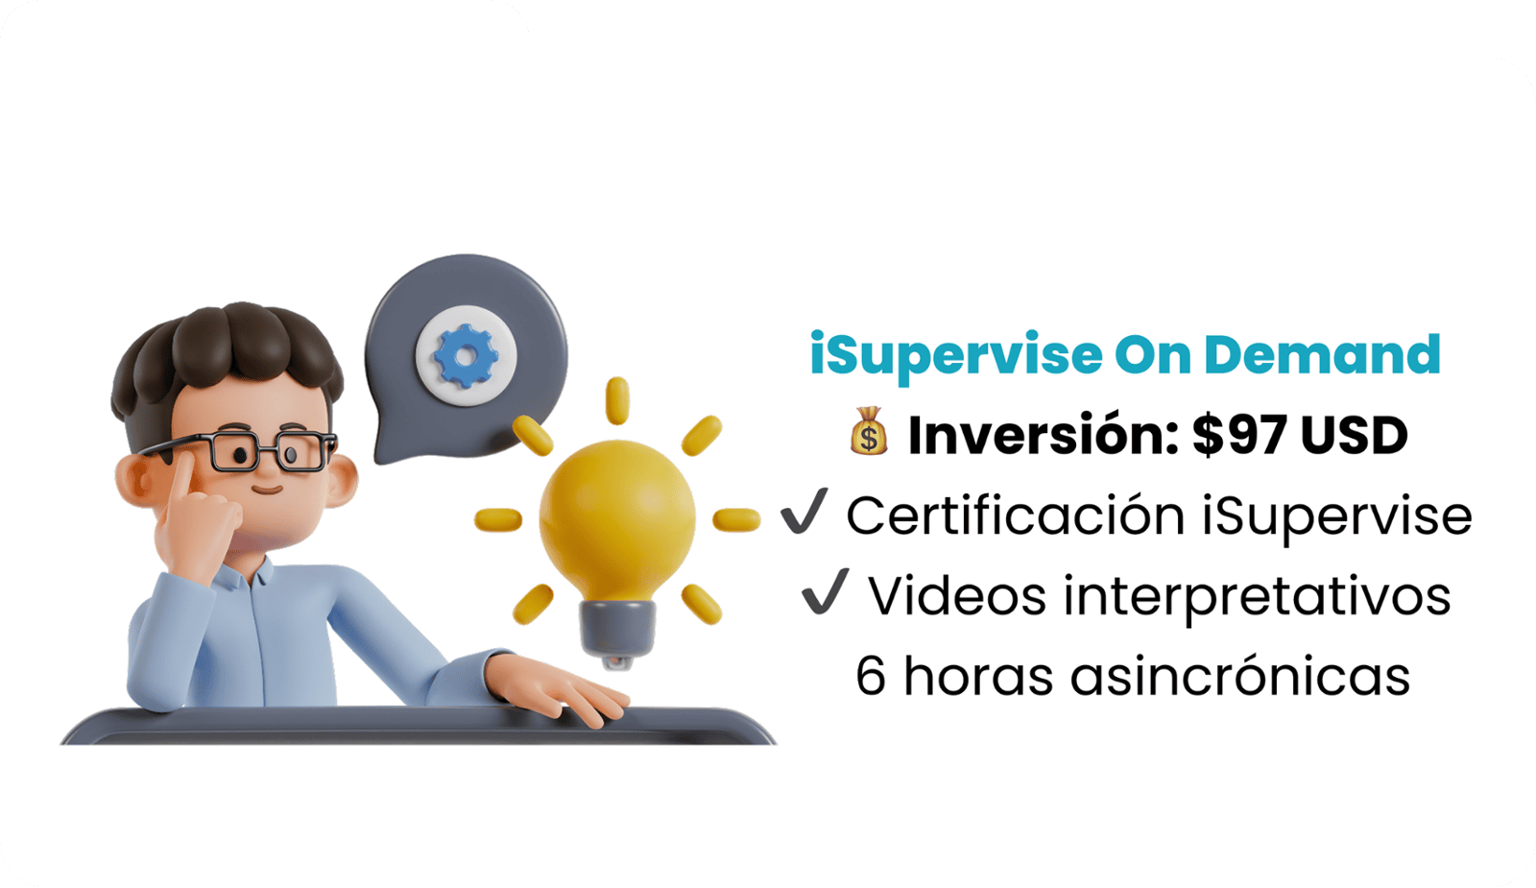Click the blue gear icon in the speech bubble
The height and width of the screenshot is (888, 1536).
pos(466,356)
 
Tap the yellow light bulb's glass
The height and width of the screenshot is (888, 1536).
pos(617,521)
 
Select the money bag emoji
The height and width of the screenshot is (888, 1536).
pos(869,431)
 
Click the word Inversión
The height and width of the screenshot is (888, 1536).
pos(1043,434)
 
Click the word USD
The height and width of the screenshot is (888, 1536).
pos(1355,436)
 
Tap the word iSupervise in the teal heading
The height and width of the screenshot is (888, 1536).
pos(956,356)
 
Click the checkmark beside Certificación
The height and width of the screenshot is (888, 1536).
pos(804,512)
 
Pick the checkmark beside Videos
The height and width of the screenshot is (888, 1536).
pos(825,591)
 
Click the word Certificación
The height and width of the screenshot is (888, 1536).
pos(1016,515)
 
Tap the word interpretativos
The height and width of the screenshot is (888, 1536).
pos(1257,596)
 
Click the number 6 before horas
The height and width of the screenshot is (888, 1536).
pos(870,676)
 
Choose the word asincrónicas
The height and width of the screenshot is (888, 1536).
pos(1239,675)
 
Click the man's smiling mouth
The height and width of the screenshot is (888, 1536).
pos(268,490)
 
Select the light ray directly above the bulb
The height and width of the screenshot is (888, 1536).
pos(617,399)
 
